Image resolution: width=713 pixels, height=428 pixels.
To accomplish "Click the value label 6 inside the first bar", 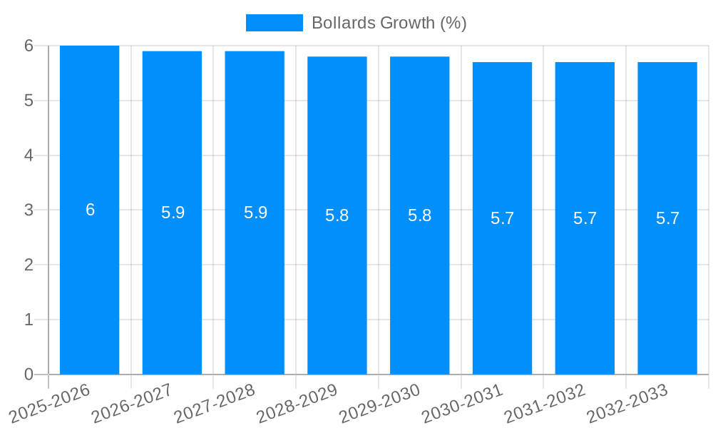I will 90,210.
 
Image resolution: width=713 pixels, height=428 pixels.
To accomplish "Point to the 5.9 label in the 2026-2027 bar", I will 173,213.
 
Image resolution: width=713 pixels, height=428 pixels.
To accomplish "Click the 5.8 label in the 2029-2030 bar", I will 419,215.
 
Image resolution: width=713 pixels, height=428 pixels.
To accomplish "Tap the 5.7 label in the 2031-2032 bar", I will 585,218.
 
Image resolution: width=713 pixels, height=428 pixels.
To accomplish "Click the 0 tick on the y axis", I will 29,374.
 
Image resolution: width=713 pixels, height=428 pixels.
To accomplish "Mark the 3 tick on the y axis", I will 29,210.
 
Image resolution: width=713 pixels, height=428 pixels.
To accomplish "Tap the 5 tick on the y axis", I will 29,101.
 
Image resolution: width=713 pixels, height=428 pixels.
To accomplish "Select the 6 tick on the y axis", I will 29,46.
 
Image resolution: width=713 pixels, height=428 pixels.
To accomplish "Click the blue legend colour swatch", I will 275,23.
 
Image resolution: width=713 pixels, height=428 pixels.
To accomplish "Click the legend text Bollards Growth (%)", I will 389,23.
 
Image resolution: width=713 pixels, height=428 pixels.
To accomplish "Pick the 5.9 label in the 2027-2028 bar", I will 255,213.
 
